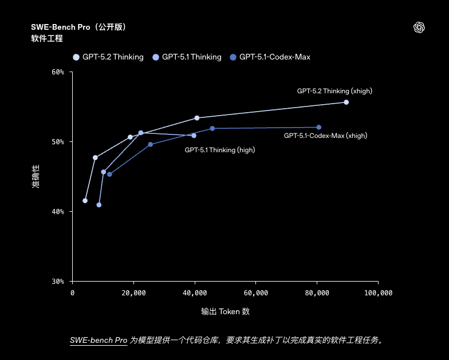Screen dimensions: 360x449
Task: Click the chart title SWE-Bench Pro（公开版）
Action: point(79,27)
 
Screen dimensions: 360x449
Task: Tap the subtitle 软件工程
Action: point(47,39)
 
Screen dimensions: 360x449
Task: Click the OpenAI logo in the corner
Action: point(419,27)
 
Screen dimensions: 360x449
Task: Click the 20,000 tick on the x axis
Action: point(133,293)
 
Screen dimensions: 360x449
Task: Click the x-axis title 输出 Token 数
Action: point(225,312)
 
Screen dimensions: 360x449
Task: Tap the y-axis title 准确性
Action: point(36,177)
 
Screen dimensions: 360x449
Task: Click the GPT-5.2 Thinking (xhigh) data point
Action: point(346,102)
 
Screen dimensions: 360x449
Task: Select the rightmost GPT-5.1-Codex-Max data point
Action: point(318,127)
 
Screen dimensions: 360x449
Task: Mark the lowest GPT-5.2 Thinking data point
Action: point(85,200)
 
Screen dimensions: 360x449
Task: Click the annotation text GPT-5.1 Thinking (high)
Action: point(219,150)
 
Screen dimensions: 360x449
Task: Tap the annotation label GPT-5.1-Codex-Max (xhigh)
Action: point(325,136)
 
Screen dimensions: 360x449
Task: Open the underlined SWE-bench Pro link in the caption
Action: point(99,341)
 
